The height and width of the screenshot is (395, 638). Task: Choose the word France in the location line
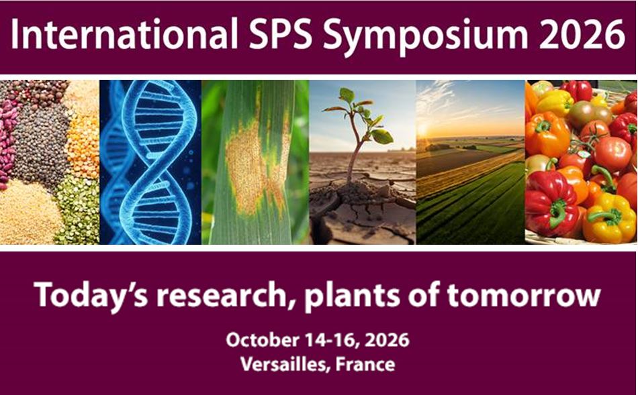367,365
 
